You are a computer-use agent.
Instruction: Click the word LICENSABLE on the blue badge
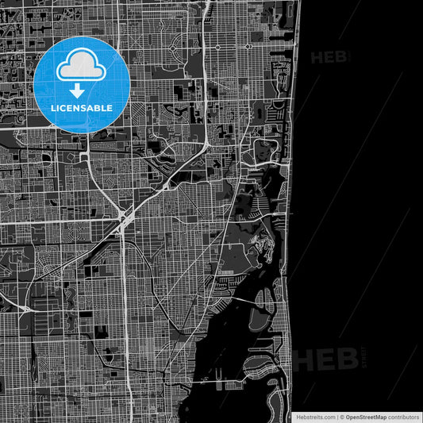point(83,108)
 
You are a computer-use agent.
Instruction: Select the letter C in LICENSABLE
point(66,108)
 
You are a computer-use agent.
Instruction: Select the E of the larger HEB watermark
point(325,359)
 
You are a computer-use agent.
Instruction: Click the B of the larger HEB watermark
point(346,359)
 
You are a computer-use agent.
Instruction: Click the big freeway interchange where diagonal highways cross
point(122,221)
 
